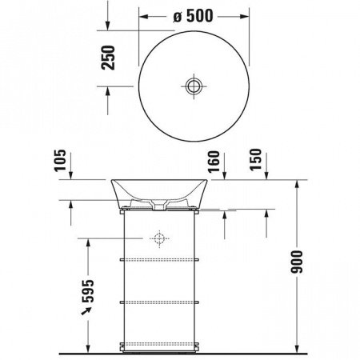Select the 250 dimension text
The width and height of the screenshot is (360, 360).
point(111,60)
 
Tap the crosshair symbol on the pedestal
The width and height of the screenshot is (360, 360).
point(159,238)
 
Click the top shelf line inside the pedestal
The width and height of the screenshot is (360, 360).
point(159,261)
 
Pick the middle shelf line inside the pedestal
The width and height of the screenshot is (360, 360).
point(159,302)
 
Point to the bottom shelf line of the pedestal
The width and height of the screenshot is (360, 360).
point(159,343)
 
